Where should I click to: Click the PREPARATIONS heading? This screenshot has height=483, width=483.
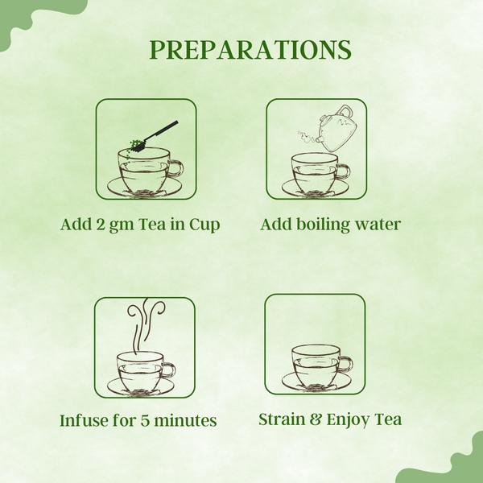click(250, 49)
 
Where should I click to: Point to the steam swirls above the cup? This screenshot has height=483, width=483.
click(146, 320)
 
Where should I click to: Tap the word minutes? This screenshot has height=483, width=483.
click(190, 420)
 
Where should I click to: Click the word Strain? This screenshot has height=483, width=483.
click(281, 419)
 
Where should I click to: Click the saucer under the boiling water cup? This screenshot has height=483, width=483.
click(315, 189)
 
